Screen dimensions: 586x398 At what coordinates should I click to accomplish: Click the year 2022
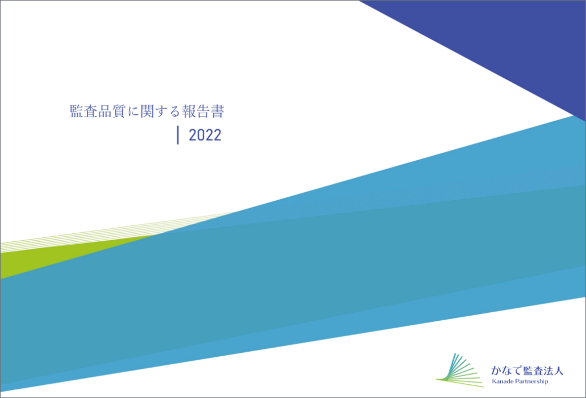[x=205, y=135]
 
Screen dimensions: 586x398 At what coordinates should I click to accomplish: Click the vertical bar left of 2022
[x=178, y=135]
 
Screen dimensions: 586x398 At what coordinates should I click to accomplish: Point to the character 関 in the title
[x=147, y=112]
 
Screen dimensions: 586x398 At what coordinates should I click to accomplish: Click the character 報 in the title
[x=189, y=112]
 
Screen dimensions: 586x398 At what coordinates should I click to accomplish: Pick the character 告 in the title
[x=203, y=112]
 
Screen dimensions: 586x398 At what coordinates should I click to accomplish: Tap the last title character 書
[x=217, y=112]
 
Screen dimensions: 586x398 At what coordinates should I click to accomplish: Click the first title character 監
[x=76, y=112]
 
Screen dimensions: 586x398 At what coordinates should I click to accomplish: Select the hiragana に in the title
[x=133, y=112]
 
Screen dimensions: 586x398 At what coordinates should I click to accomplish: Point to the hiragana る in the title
[x=175, y=112]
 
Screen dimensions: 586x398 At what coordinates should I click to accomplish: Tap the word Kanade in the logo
[x=502, y=381]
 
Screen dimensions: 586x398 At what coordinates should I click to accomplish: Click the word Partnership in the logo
[x=532, y=381]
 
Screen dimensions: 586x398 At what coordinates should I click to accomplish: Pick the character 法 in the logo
[x=548, y=371]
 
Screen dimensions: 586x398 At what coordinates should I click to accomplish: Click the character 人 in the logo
[x=559, y=371]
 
